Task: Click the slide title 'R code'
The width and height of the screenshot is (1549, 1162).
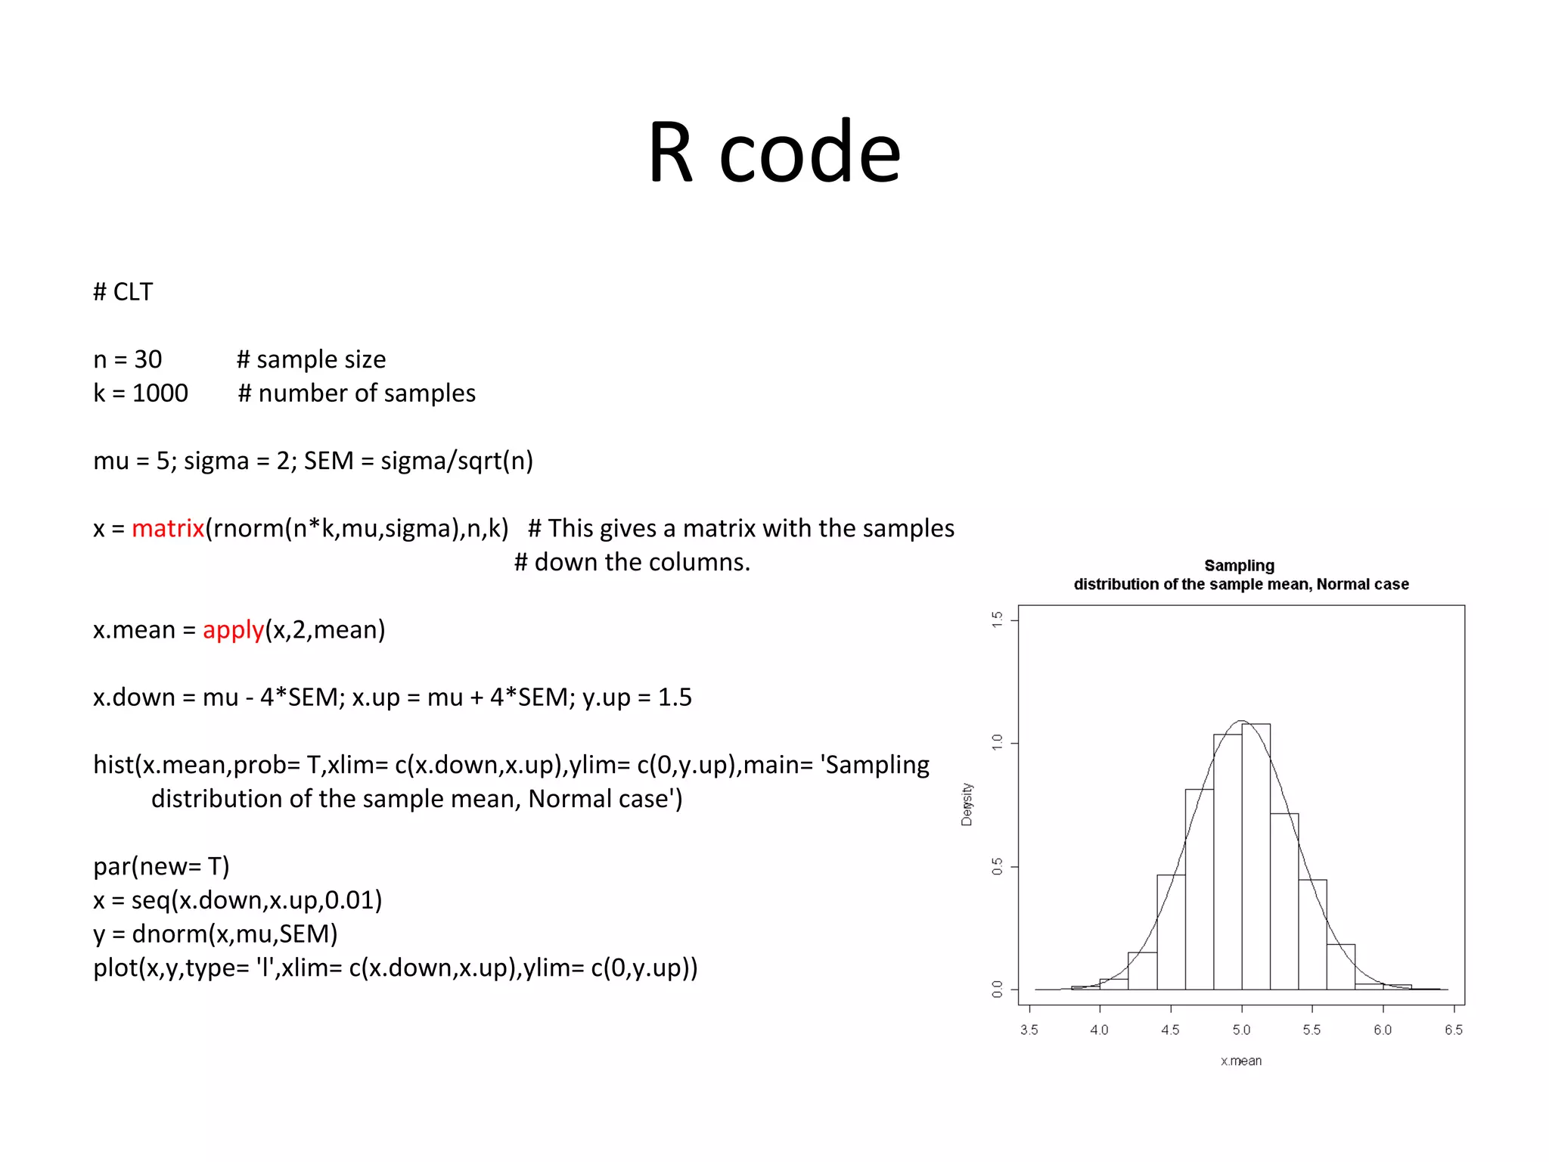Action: click(x=774, y=153)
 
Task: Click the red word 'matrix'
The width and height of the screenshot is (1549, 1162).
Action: click(x=168, y=528)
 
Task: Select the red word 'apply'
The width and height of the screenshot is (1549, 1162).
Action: click(x=233, y=629)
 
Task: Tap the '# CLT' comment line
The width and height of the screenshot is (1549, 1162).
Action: click(x=123, y=292)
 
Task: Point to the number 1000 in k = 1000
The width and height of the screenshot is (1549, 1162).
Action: click(x=160, y=393)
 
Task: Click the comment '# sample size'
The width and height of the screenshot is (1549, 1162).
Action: click(x=311, y=359)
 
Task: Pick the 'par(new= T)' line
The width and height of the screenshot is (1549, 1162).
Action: click(x=161, y=866)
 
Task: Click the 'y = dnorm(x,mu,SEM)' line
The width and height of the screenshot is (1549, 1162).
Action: click(x=216, y=934)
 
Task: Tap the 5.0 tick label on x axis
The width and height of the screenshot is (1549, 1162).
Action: click(x=1241, y=1030)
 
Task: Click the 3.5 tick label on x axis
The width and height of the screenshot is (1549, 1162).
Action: click(x=1029, y=1030)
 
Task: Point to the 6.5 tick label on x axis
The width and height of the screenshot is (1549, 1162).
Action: click(x=1453, y=1030)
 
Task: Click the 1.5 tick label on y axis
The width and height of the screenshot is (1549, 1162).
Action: click(x=998, y=620)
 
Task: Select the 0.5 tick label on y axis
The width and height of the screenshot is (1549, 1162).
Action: click(x=998, y=866)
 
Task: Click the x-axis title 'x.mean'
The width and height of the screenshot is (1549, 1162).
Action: click(x=1241, y=1061)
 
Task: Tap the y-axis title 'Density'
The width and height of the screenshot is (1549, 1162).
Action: click(x=967, y=804)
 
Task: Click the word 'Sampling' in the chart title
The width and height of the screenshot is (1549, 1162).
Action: click(x=1239, y=566)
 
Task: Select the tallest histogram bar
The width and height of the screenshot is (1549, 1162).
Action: click(x=1256, y=855)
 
